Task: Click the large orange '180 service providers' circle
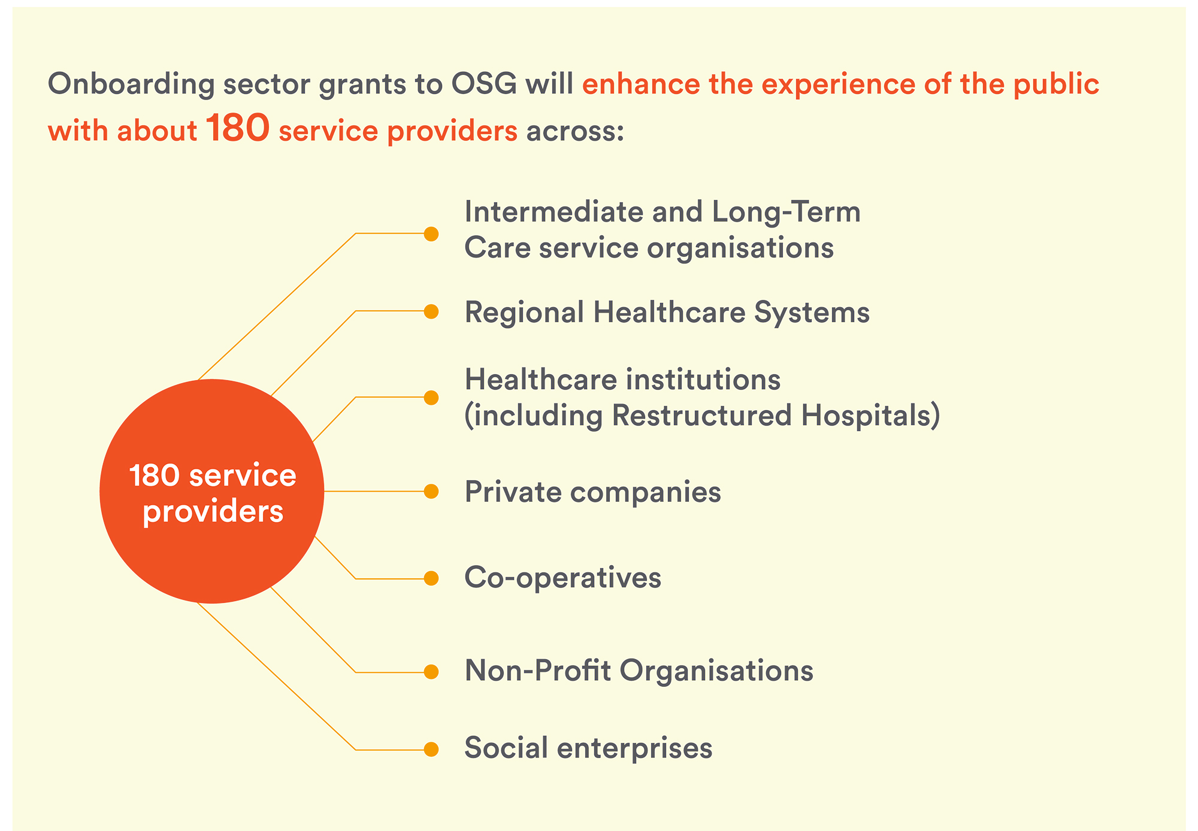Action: point(211,492)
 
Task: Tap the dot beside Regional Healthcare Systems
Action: point(431,311)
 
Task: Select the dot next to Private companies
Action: point(431,492)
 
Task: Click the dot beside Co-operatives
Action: point(431,578)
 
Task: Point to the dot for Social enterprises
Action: point(431,749)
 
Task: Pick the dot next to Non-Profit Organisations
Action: point(431,672)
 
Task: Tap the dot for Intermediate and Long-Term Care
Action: point(431,233)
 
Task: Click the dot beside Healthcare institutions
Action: point(431,398)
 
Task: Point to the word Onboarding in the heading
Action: point(131,84)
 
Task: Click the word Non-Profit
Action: point(537,671)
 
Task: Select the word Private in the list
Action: point(513,492)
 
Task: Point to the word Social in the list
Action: point(507,748)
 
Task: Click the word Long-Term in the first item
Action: point(786,212)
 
